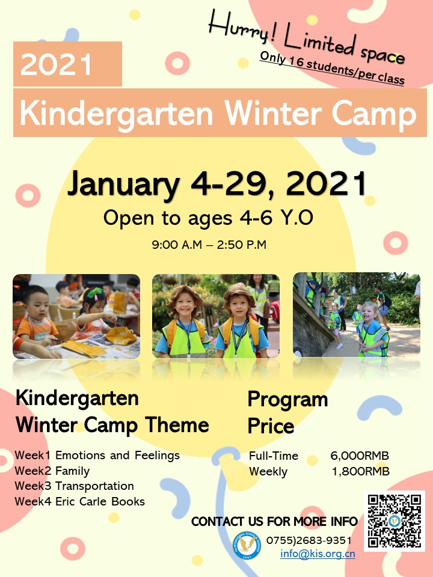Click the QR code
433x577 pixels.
pyautogui.click(x=395, y=521)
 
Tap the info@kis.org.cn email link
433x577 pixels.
pyautogui.click(x=318, y=554)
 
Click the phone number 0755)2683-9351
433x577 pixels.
pyautogui.click(x=309, y=540)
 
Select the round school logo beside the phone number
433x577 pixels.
pyautogui.click(x=247, y=545)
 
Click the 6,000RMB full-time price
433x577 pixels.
pyautogui.click(x=360, y=456)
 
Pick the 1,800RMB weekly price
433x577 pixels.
pyautogui.click(x=360, y=471)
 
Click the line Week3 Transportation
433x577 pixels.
pyautogui.click(x=75, y=486)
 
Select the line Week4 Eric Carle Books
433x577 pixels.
pyautogui.click(x=80, y=501)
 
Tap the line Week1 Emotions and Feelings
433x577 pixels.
pyautogui.click(x=97, y=456)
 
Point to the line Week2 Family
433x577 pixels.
pyautogui.click(x=52, y=471)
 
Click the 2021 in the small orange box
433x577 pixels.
pyautogui.click(x=56, y=64)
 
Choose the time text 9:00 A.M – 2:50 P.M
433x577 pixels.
pyautogui.click(x=209, y=245)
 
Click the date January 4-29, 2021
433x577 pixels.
pyautogui.click(x=217, y=184)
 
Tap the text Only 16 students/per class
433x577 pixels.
pyautogui.click(x=332, y=68)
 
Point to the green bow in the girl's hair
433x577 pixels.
pyautogui.click(x=94, y=293)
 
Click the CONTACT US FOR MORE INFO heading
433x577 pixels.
pyautogui.click(x=275, y=522)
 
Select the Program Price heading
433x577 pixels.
pyautogui.click(x=287, y=412)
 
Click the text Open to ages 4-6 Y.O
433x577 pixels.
pyautogui.click(x=209, y=218)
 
